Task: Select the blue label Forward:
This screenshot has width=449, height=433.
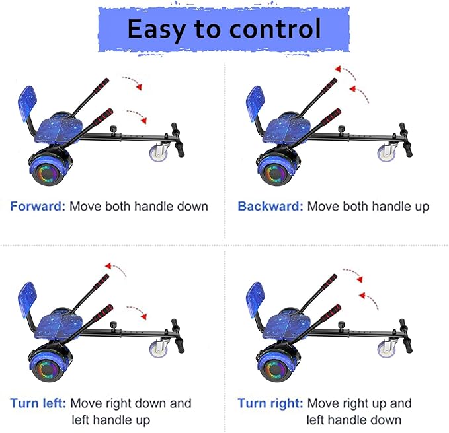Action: click(37, 206)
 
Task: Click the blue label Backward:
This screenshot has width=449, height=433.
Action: click(270, 206)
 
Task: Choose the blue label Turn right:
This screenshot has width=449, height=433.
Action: click(270, 403)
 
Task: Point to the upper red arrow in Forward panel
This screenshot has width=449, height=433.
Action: click(133, 84)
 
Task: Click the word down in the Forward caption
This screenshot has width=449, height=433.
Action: click(191, 206)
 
